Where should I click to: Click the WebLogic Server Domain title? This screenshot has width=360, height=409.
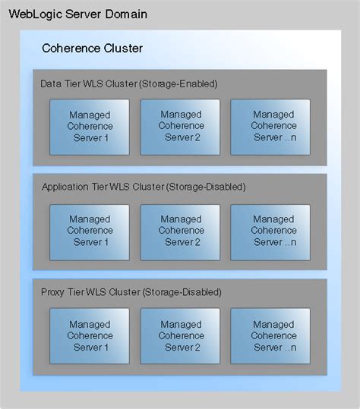pos(78,15)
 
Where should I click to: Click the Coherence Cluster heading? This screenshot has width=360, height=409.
pos(92,49)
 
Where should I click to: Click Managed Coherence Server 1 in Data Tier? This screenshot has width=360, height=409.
pos(90,126)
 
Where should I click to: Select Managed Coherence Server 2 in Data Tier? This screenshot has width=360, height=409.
pos(181,126)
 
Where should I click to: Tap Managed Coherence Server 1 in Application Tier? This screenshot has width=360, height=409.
pos(90,231)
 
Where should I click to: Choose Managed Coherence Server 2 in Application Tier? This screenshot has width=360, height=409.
pos(181,231)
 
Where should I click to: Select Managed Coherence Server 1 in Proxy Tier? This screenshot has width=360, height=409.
pos(90,335)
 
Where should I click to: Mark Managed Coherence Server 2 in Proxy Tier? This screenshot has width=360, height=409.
pos(181,335)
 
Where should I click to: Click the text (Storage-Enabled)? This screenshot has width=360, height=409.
pos(178,83)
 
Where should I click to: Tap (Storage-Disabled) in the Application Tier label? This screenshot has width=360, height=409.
pos(205,187)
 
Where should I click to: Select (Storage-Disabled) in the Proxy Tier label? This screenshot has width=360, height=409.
pos(182,292)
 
